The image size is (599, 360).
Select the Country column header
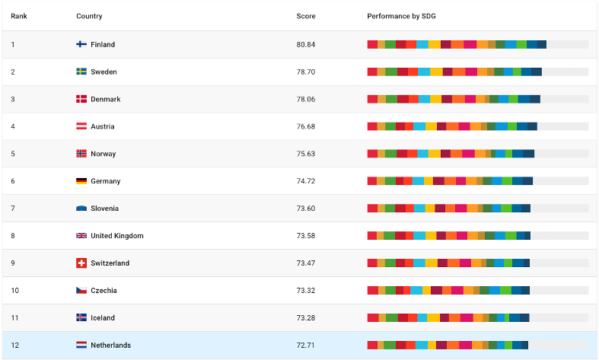(x=89, y=16)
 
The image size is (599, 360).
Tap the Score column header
(x=305, y=16)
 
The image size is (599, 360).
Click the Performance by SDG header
(x=401, y=16)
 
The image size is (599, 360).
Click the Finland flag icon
(x=81, y=44)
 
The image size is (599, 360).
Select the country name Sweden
(x=104, y=72)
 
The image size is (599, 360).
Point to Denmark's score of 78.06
(x=305, y=99)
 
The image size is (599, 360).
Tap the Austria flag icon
(x=81, y=126)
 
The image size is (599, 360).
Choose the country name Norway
(x=104, y=154)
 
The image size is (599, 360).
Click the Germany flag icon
(x=81, y=181)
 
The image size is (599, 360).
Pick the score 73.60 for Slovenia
(x=305, y=209)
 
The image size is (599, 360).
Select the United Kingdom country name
(x=116, y=236)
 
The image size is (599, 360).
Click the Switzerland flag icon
(x=81, y=263)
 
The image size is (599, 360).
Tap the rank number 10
(x=14, y=291)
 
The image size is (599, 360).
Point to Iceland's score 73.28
(x=305, y=318)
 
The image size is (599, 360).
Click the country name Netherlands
(x=110, y=346)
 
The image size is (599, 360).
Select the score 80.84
(x=305, y=44)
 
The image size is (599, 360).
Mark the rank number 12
(x=14, y=346)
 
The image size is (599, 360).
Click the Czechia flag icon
(x=81, y=291)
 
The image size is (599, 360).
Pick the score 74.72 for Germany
(x=305, y=181)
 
